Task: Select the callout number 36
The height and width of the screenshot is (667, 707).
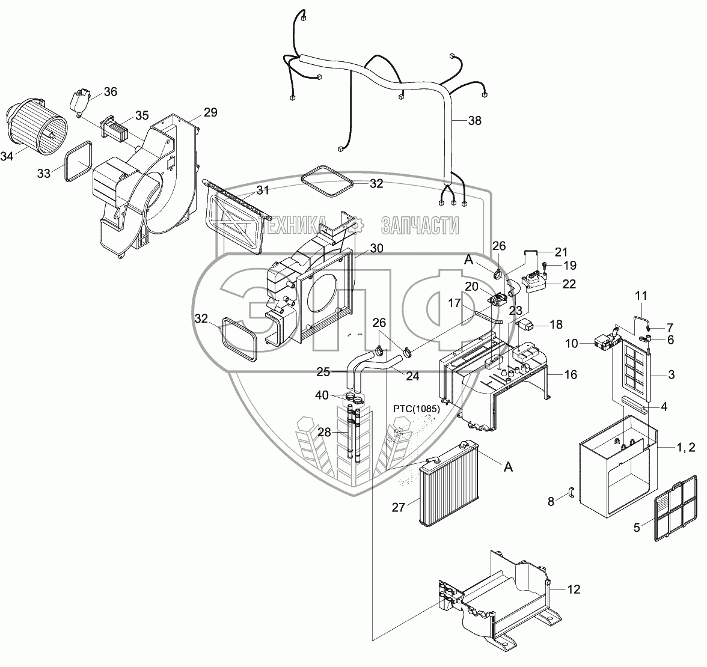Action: [111, 91]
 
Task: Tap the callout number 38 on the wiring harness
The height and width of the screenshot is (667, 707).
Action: [474, 120]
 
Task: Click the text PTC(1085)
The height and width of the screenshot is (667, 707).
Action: [417, 409]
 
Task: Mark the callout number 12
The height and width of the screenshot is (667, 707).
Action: [574, 589]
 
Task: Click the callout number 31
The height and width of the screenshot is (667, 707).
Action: [263, 190]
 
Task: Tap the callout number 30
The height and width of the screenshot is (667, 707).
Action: [376, 248]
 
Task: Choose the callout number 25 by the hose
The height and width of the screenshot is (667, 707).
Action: [323, 373]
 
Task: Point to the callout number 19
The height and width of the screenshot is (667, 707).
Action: [569, 264]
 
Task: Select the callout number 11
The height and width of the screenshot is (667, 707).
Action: [641, 295]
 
